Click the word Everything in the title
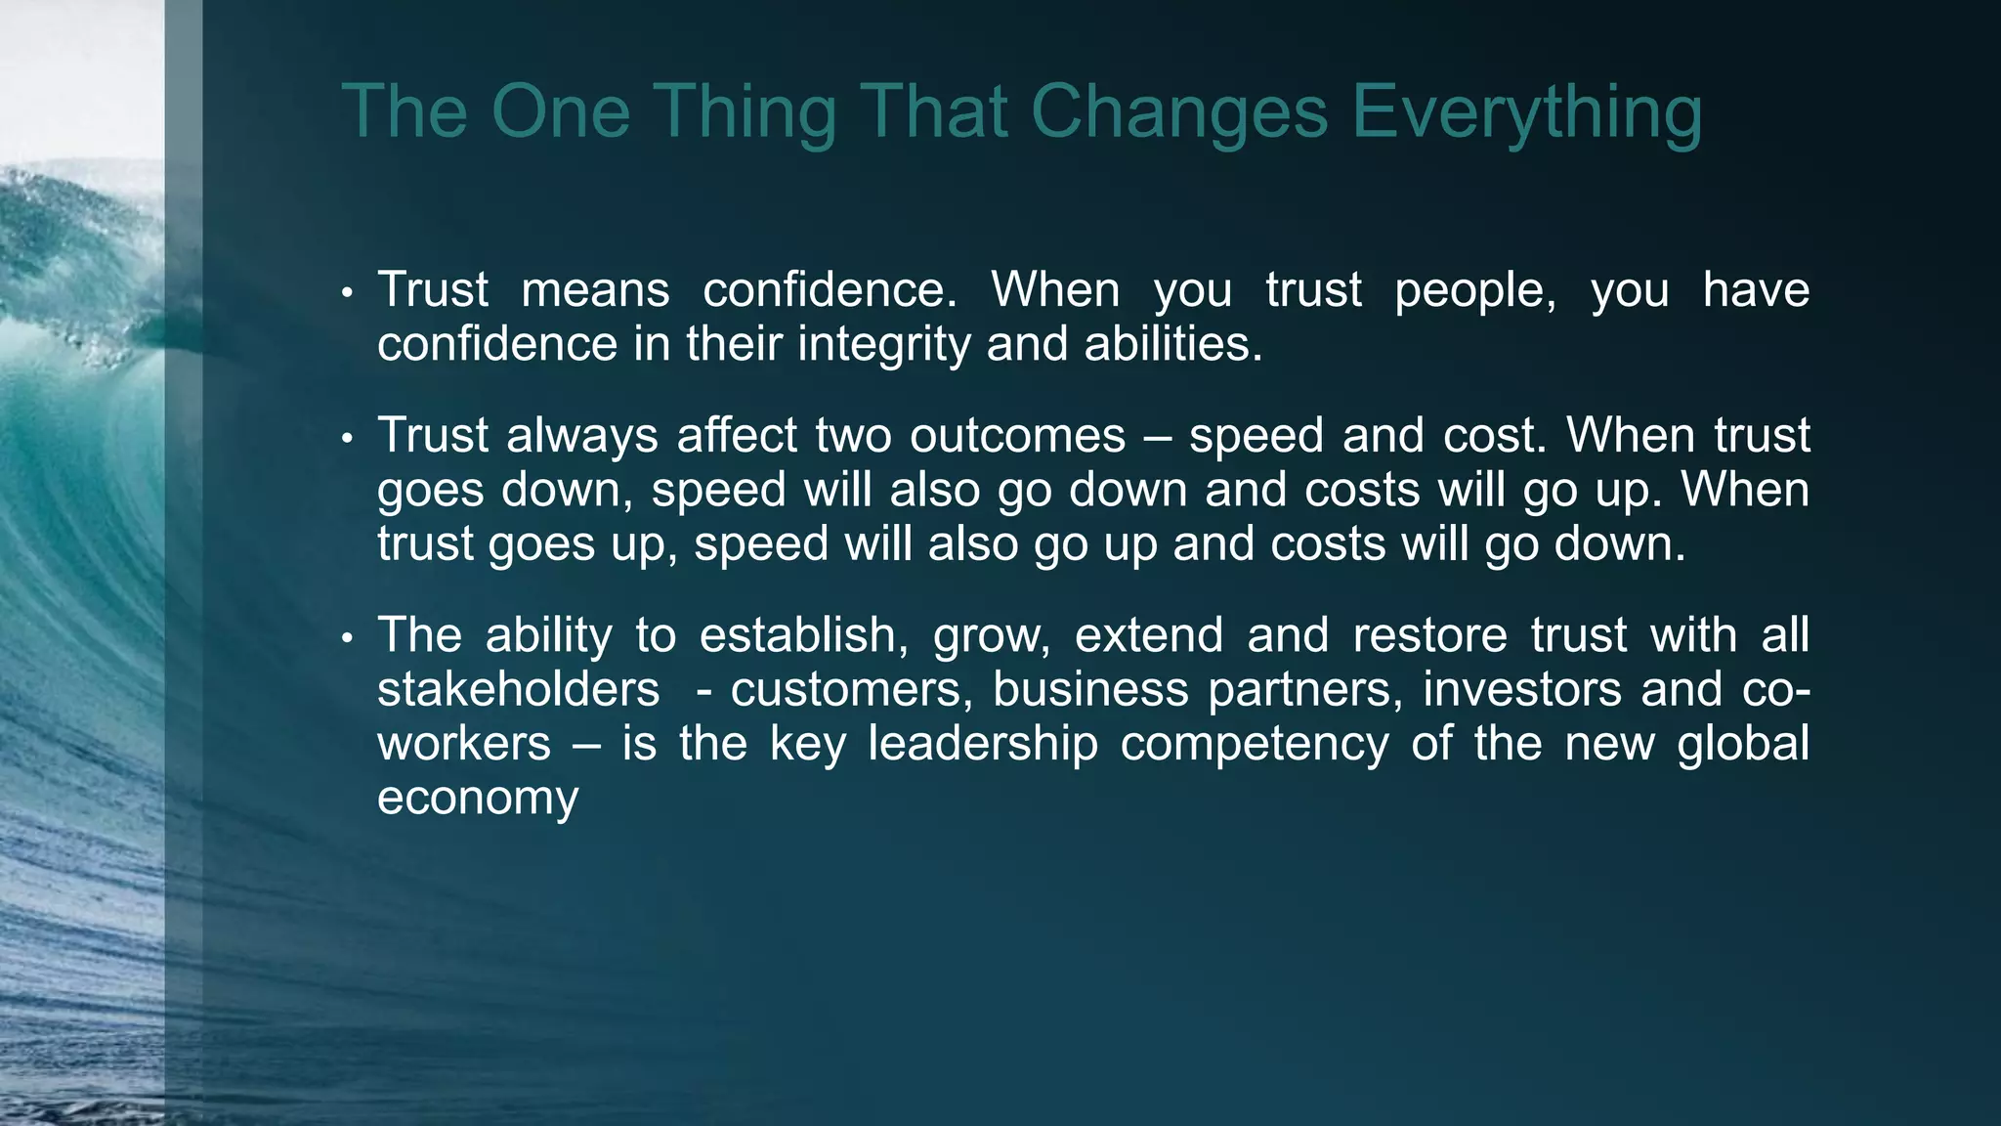(x=1526, y=112)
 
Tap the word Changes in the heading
(x=1179, y=112)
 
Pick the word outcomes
(x=1017, y=436)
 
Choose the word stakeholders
(x=519, y=689)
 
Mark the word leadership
(x=983, y=744)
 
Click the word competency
(x=1255, y=744)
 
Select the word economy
(x=478, y=799)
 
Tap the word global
(x=1743, y=744)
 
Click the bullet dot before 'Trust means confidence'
(x=346, y=292)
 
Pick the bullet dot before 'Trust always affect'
(x=346, y=438)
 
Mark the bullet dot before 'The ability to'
(x=346, y=638)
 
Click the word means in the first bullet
(x=595, y=290)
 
